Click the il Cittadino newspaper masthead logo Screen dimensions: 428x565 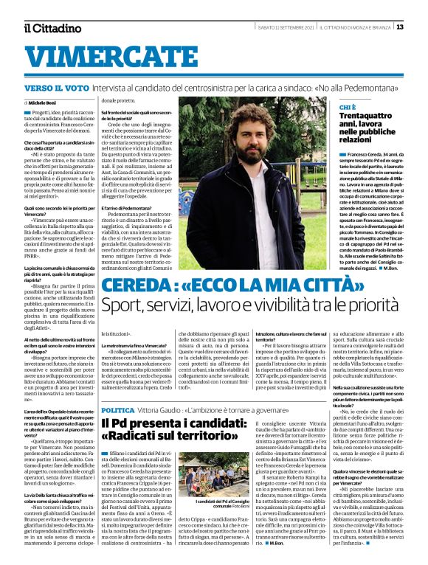click(52, 28)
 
